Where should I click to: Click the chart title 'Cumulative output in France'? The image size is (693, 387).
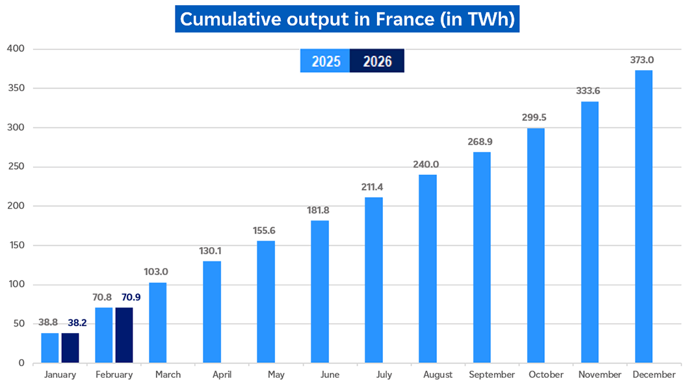click(x=347, y=20)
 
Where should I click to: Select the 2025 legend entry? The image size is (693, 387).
click(x=326, y=61)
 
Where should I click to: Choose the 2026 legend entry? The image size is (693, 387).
click(x=377, y=61)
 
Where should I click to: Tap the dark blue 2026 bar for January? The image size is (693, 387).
click(x=70, y=348)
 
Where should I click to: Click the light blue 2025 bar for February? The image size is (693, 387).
click(x=104, y=335)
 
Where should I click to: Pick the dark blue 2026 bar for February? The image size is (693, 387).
click(x=124, y=335)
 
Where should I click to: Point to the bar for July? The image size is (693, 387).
click(x=374, y=280)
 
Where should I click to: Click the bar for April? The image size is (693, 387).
click(x=212, y=312)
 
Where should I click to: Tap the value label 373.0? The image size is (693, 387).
click(x=642, y=60)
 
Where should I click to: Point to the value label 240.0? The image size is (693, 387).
click(x=426, y=164)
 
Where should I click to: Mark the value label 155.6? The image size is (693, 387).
click(x=265, y=230)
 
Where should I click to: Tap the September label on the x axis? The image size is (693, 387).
click(x=491, y=375)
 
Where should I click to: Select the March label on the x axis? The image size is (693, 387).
click(x=168, y=375)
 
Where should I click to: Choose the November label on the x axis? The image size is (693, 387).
click(x=600, y=375)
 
